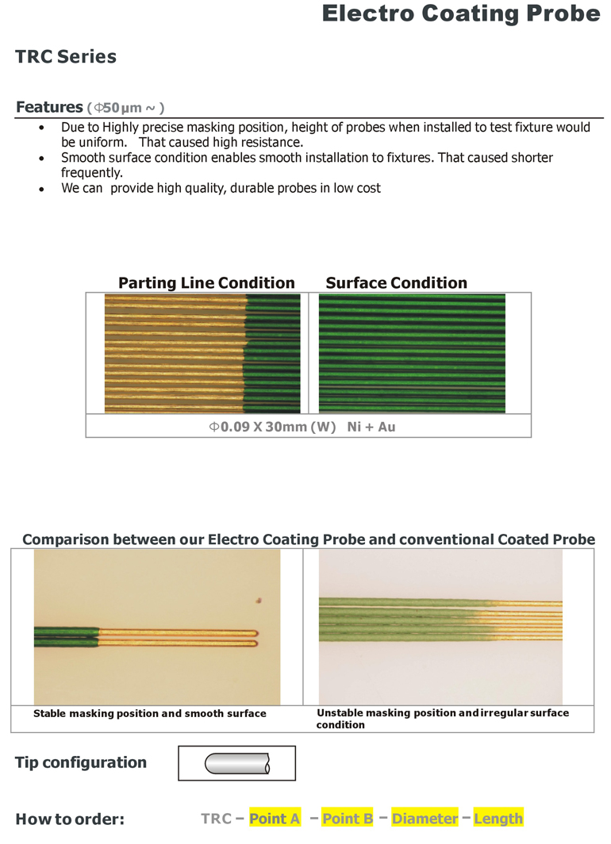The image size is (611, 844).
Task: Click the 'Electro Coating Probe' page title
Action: pos(460,13)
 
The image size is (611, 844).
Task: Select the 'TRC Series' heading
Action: pos(66,57)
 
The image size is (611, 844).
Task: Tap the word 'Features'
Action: pos(49,107)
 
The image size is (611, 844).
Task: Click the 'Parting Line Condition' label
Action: pos(206,283)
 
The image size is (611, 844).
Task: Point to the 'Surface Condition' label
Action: pos(396,283)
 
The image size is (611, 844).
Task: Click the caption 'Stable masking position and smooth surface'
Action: pos(149,714)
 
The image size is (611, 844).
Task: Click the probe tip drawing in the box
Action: pos(236,764)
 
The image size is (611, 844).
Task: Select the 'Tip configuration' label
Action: pos(81,763)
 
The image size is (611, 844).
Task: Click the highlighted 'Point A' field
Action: pos(275,819)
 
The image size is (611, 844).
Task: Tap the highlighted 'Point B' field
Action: pos(348,819)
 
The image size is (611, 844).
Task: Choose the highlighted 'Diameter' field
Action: pos(425,819)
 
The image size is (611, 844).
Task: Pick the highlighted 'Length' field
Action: pos(498,819)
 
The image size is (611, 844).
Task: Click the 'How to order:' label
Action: pos(70,819)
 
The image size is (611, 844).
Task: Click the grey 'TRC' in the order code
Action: pos(216,819)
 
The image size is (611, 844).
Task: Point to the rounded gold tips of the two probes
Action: pos(254,638)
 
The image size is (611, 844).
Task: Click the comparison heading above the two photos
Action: pos(308,539)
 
